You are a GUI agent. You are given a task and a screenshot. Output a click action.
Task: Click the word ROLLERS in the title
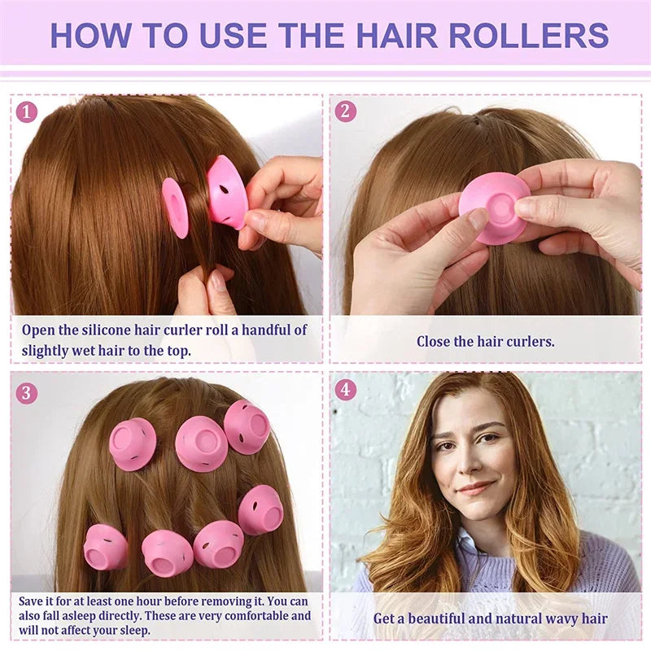coord(528,35)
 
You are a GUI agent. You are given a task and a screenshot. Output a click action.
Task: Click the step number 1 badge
coord(27,111)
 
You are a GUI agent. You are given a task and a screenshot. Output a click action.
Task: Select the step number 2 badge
coord(346,111)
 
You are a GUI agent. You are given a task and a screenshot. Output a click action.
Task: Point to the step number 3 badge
coord(27,393)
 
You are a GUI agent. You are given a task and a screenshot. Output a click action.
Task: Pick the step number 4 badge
coord(346,390)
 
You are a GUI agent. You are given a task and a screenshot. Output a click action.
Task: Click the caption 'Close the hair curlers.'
coord(486,342)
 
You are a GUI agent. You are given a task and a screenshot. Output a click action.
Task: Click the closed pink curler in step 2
coord(492,207)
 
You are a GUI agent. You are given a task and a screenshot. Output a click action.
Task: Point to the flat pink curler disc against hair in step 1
coord(175,208)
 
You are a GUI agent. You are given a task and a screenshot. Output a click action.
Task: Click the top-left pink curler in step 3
coord(133,443)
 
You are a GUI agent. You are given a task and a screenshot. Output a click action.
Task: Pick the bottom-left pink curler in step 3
coord(106,547)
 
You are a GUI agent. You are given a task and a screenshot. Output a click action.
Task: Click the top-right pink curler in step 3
coord(247,426)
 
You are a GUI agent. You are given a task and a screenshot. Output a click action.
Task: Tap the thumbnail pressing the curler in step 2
coord(478,218)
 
